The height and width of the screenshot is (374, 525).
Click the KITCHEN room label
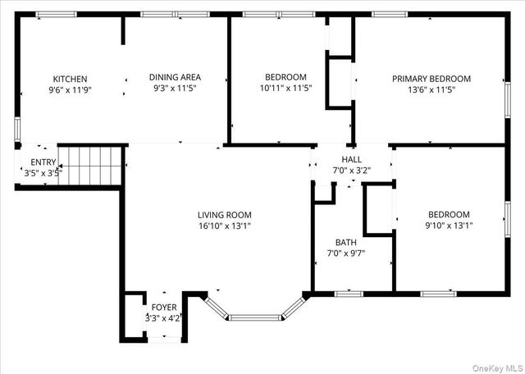tap(70, 79)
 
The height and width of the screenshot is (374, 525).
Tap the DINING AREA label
tap(175, 77)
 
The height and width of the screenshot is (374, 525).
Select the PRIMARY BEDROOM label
tap(431, 79)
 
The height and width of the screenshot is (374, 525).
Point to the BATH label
tap(345, 242)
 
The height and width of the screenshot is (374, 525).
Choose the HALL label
tap(351, 160)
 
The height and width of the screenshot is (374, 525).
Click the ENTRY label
tap(43, 162)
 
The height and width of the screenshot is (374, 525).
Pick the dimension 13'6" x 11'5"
tap(431, 89)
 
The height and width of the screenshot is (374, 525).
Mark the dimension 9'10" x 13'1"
tap(448, 225)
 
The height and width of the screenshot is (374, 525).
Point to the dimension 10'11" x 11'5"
tap(285, 88)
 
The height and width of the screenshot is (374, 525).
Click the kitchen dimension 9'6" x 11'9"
tap(70, 89)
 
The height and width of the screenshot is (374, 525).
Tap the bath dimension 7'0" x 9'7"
tap(345, 253)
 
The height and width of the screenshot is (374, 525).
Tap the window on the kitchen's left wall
tap(17, 130)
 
